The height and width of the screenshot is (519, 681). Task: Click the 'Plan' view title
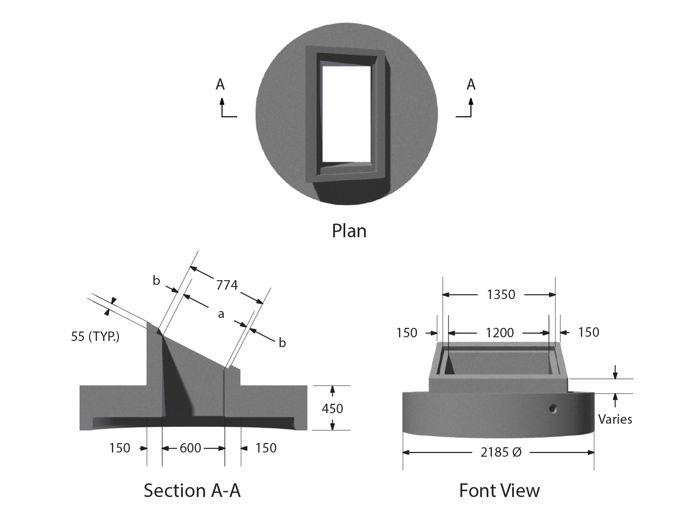point(349,231)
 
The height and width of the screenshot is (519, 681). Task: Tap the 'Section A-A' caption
point(192,490)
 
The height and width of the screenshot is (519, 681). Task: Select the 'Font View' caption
point(499,490)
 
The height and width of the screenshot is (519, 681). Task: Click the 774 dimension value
point(227,285)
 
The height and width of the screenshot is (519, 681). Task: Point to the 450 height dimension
point(332,408)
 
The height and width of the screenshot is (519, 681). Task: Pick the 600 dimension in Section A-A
point(190,448)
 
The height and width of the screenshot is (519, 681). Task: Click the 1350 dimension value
point(501,295)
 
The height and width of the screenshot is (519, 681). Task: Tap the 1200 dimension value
point(500,333)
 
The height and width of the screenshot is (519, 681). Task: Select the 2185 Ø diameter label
point(501,452)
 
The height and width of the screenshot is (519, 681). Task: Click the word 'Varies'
point(615,419)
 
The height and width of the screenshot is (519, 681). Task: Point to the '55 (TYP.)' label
point(95,337)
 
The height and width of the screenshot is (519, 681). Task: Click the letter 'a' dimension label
point(221,314)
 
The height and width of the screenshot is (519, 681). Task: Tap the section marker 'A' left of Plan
point(220,84)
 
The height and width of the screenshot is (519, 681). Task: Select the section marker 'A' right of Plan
point(471,84)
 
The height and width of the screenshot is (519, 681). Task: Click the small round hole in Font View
point(553,408)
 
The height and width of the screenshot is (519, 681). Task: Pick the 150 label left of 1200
point(407,333)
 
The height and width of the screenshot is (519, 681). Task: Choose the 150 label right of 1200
point(588,333)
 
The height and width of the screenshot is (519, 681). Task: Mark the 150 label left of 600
point(119,448)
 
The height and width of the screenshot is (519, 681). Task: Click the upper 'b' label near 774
point(156,281)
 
